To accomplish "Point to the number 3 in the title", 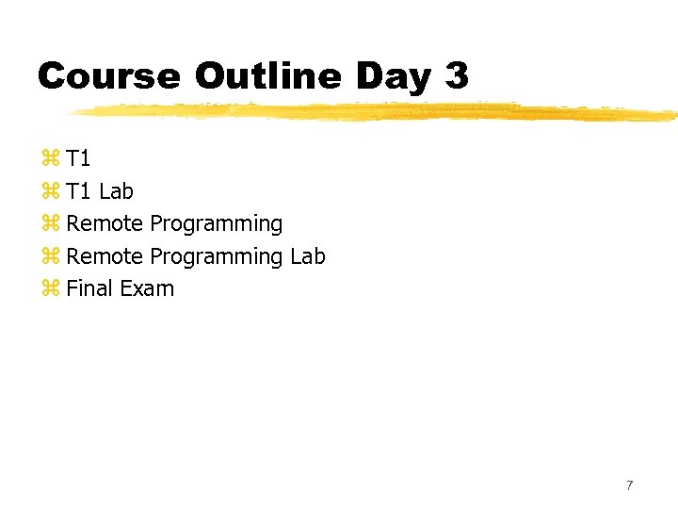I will point(456,75).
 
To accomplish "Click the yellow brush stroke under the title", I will point(377,111).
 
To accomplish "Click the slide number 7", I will point(630,485).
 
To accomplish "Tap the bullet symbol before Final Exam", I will point(50,288).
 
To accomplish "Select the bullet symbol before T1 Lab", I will point(50,191).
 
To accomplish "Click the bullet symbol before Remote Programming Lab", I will point(50,256).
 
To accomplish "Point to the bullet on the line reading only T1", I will point(50,159).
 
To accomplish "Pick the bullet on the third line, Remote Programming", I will point(50,224).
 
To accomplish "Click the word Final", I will point(89,288).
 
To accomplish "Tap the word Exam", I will point(146,288).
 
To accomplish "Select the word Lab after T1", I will point(116,191).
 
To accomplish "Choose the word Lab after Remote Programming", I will point(307,256).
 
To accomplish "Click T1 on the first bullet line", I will point(78,159).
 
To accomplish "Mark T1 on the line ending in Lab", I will point(78,191).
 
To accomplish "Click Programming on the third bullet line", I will point(216,224).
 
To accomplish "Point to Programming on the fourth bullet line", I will point(216,256).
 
